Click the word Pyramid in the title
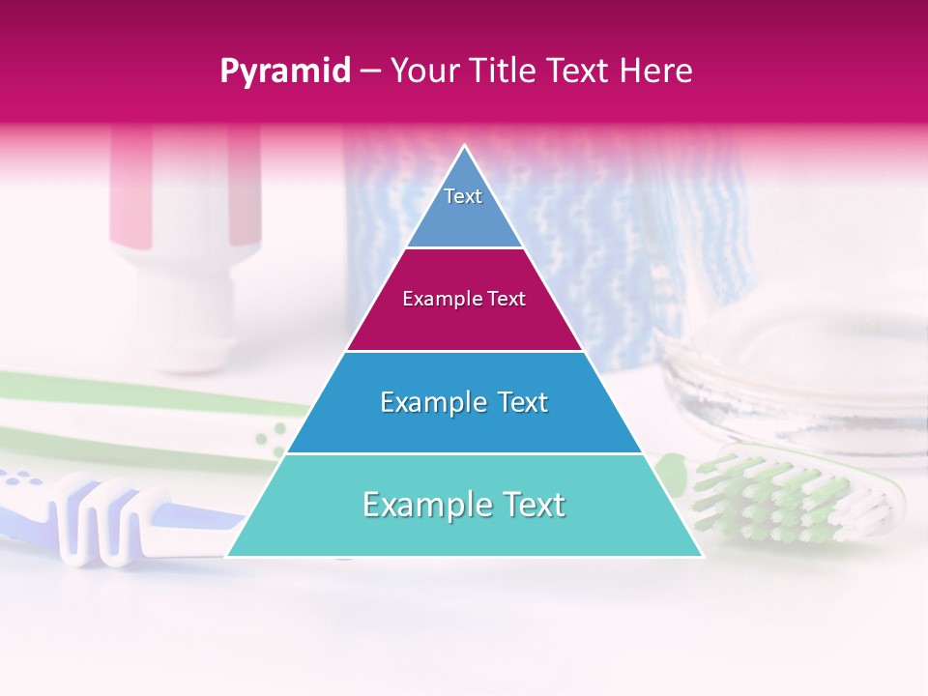click(284, 72)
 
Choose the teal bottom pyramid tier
click(464, 527)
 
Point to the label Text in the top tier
click(463, 196)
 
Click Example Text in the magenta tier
click(464, 299)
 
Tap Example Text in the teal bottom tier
click(464, 505)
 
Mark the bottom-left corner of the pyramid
click(228, 556)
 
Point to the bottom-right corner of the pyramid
click(701, 556)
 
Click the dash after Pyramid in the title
click(370, 72)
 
